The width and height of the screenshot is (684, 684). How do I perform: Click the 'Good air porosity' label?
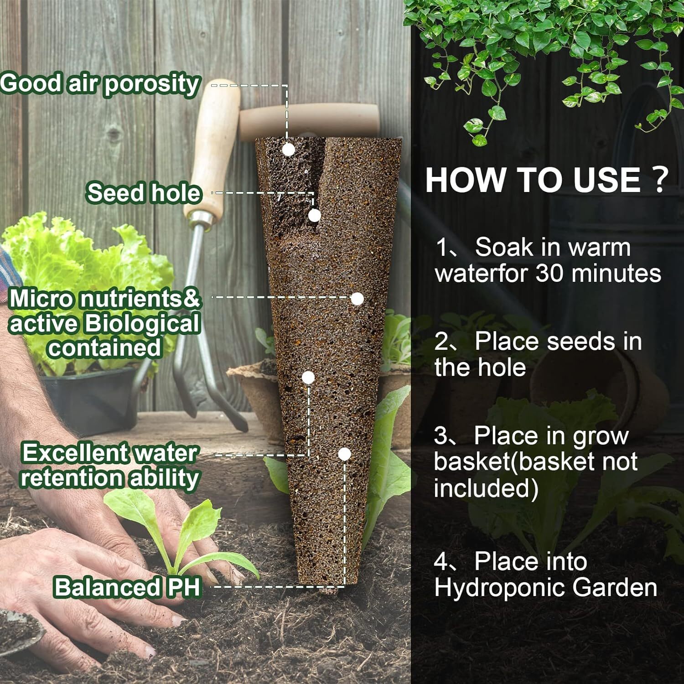pyautogui.click(x=100, y=84)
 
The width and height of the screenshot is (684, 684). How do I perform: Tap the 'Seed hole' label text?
pyautogui.click(x=143, y=192)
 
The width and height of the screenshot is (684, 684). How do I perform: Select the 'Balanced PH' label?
pyautogui.click(x=127, y=587)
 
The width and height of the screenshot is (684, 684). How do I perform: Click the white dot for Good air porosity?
pyautogui.click(x=288, y=150)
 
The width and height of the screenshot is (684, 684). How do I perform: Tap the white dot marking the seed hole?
pyautogui.click(x=315, y=215)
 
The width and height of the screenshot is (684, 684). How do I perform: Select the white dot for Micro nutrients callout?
pyautogui.click(x=357, y=299)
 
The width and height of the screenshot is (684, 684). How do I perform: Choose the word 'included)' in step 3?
pyautogui.click(x=486, y=488)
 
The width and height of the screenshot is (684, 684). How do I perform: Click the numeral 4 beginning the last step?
pyautogui.click(x=441, y=561)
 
